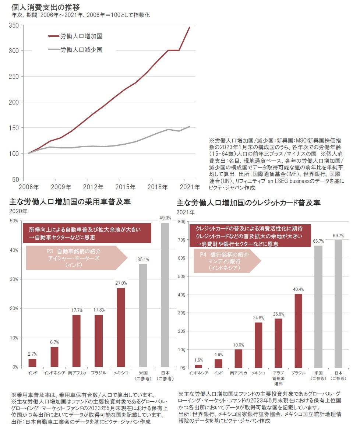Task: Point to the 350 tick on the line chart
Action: click(x=14, y=25)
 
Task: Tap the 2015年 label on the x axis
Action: click(x=125, y=187)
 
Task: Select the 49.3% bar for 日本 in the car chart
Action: click(x=165, y=295)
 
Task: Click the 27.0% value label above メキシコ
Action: click(x=121, y=283)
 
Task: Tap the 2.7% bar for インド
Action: click(x=32, y=363)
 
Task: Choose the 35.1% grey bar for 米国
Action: click(x=143, y=315)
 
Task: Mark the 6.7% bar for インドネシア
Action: click(x=54, y=357)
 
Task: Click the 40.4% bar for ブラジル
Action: click(x=299, y=331)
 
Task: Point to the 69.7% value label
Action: click(x=339, y=236)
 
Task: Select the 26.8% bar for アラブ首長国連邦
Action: click(x=279, y=343)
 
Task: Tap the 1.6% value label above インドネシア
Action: click(x=198, y=360)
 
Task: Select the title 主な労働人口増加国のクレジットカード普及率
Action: click(x=248, y=203)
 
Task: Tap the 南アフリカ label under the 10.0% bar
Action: click(x=238, y=373)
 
